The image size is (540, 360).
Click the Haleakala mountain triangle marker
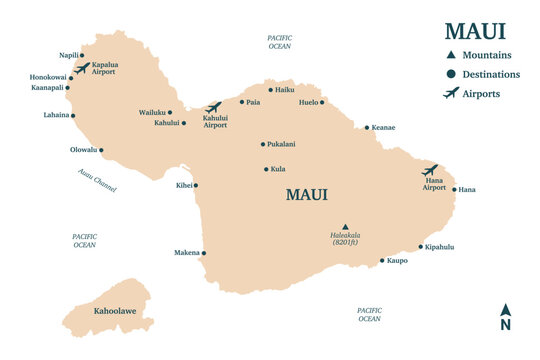click(x=345, y=226)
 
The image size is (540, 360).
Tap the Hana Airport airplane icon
click(x=430, y=170)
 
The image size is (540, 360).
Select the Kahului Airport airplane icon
click(x=213, y=107)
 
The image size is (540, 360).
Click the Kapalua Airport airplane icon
click(x=82, y=69)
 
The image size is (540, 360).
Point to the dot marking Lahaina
click(x=76, y=115)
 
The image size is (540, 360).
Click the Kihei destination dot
click(x=196, y=185)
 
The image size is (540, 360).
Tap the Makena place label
click(x=185, y=253)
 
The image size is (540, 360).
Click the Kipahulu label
click(x=440, y=246)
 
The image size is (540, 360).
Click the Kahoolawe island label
click(x=115, y=311)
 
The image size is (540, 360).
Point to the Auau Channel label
click(x=97, y=180)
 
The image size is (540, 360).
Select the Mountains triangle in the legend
click(x=451, y=55)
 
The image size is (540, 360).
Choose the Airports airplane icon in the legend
click(x=451, y=93)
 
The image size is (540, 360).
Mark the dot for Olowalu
click(x=101, y=151)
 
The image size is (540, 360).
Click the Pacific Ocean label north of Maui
click(x=279, y=41)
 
